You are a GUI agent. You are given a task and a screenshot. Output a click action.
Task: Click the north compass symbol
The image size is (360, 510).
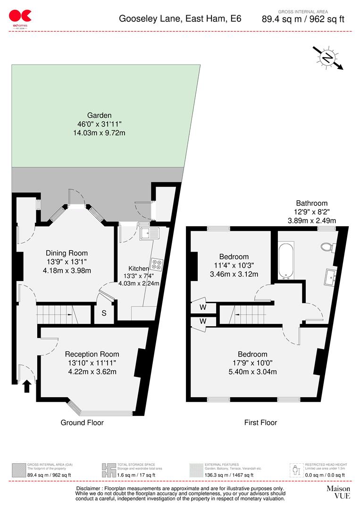[x=327, y=58]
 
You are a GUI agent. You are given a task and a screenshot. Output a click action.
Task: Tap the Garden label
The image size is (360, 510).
[x=99, y=115]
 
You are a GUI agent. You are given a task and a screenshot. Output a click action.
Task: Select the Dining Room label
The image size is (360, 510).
[x=67, y=253]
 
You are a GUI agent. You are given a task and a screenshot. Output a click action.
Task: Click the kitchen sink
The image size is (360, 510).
[x=150, y=232]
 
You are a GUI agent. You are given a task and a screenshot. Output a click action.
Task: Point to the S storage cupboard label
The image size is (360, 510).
[x=104, y=313]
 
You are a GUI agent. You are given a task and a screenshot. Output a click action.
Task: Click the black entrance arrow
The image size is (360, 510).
[x=26, y=386]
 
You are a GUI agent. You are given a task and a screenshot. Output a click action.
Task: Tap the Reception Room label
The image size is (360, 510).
[x=92, y=354]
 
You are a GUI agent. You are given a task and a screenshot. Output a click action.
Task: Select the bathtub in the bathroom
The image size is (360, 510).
[x=286, y=260]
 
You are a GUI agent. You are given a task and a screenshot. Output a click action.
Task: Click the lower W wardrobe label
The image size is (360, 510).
[x=202, y=322]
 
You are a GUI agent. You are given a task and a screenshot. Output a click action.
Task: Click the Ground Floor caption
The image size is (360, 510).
[x=82, y=423]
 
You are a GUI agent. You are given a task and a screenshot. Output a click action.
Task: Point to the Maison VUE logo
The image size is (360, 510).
[x=338, y=492]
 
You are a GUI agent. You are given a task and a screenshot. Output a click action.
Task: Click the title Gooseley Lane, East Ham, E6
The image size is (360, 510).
[x=180, y=19]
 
